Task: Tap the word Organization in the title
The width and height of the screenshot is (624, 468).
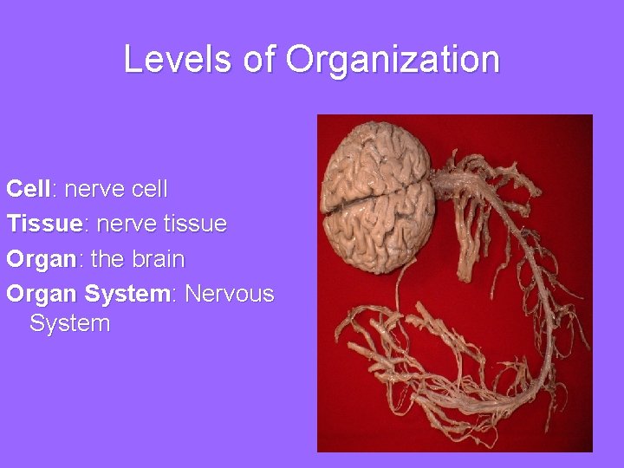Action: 393,60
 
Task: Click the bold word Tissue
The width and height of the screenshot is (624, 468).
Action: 43,224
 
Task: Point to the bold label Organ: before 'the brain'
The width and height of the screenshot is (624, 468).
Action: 41,259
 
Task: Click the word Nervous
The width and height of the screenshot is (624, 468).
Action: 230,294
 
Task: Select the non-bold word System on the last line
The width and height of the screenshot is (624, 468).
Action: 69,324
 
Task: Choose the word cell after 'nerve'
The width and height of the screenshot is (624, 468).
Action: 146,188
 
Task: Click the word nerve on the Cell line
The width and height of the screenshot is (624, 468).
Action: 93,188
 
